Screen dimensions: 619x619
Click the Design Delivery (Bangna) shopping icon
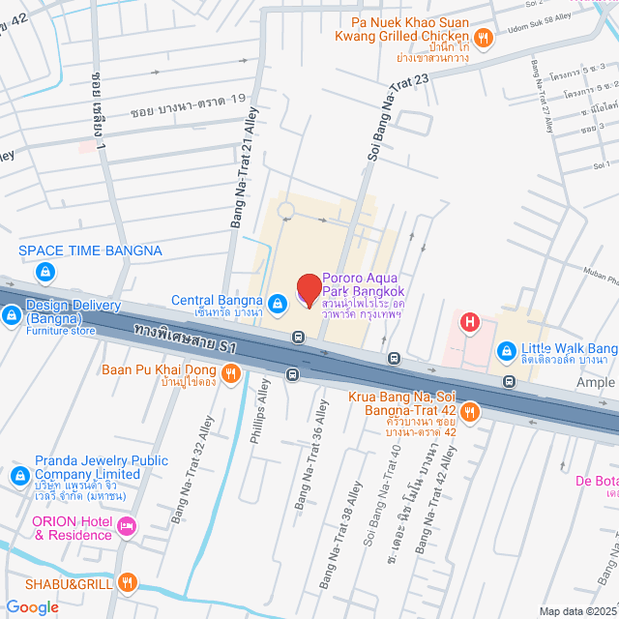(12, 314)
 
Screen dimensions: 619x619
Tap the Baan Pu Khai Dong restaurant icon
(230, 373)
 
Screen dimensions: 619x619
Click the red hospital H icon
(470, 322)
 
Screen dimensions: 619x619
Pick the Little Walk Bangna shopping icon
(505, 350)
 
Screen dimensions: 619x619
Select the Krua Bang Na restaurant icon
(470, 412)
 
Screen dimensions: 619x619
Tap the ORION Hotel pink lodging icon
(127, 526)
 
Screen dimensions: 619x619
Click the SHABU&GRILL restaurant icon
(127, 581)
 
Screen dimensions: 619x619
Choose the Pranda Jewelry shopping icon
(19, 476)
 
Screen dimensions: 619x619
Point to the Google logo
(31, 606)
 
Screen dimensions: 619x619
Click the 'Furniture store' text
(60, 331)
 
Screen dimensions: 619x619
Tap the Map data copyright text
(577, 610)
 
